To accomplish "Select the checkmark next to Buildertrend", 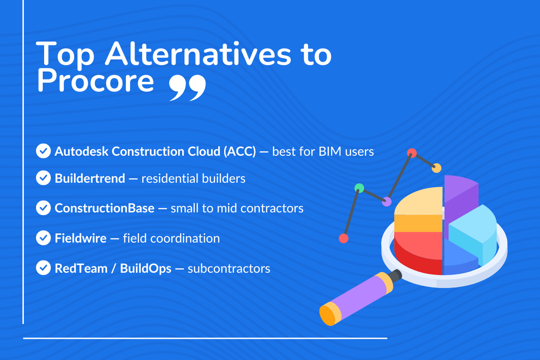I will (43, 178).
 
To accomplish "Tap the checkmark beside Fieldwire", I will (43, 238).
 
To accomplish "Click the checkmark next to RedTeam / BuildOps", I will (43, 268).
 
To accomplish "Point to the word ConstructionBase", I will (104, 208).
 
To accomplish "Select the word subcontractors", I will (229, 269).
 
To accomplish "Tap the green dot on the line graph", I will (359, 188).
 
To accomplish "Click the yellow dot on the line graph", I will (436, 168).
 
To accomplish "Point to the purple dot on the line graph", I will (387, 202).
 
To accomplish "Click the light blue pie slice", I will (475, 229).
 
